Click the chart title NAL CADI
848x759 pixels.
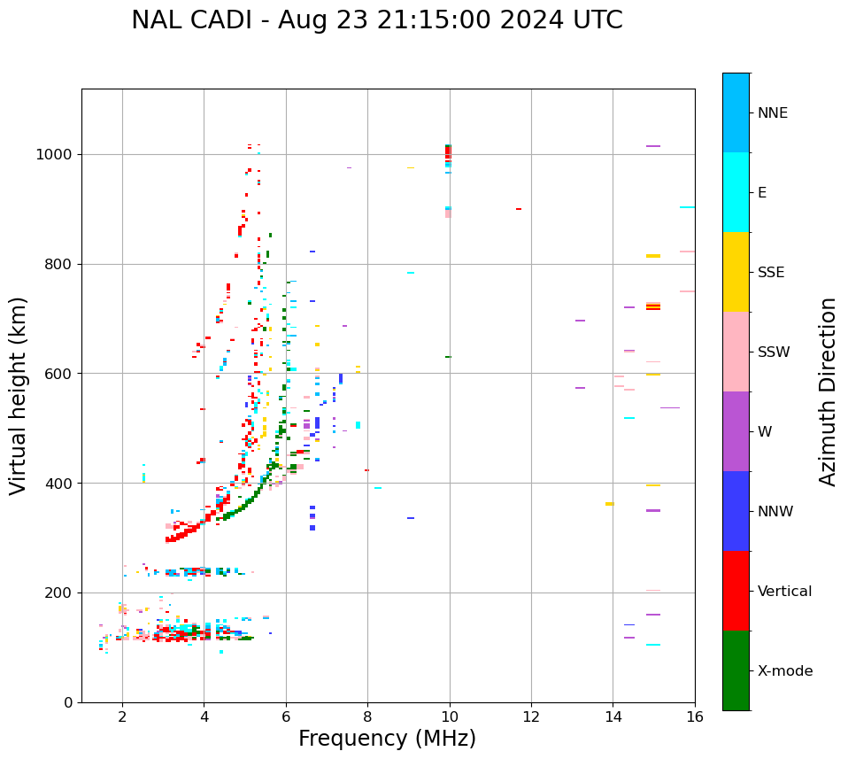click(376, 20)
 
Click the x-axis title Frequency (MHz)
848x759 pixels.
click(387, 739)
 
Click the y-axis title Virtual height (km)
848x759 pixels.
click(19, 396)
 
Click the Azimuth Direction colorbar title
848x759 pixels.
click(828, 391)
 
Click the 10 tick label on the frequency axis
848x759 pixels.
click(450, 716)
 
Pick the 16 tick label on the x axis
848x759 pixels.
click(695, 716)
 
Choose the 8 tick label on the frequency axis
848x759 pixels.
click(367, 716)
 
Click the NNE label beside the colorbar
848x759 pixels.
click(772, 113)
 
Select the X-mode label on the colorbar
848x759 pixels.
click(785, 671)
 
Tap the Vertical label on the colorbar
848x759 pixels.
click(784, 592)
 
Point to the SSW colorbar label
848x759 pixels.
click(774, 352)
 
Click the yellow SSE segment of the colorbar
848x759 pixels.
click(736, 272)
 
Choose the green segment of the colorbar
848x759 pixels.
click(736, 670)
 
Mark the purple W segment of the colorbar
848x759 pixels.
click(736, 431)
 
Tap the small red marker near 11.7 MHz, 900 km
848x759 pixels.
click(519, 209)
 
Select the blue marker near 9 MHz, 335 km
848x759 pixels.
click(411, 518)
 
